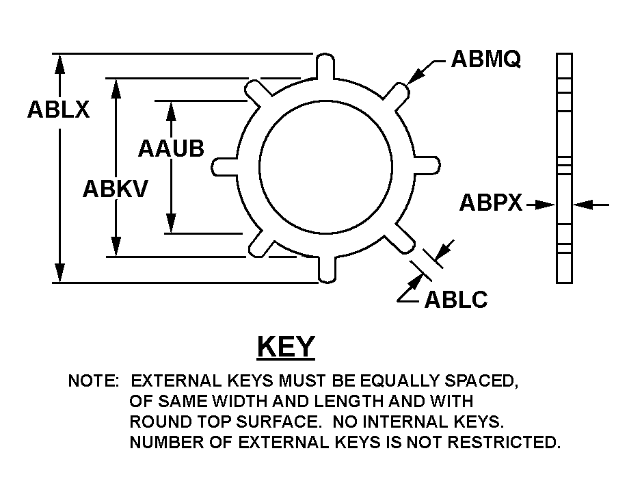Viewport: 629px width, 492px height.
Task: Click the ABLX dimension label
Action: tap(58, 110)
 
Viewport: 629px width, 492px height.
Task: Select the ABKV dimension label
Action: tap(115, 188)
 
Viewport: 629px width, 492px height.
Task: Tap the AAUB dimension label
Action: tap(171, 148)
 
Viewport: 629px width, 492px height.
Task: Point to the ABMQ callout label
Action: tap(486, 60)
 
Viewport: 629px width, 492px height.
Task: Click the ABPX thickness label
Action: tap(491, 203)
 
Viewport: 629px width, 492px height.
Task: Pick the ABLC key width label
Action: tap(456, 299)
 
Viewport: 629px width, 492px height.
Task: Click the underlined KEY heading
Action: tap(286, 347)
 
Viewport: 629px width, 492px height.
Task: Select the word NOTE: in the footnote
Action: tap(94, 381)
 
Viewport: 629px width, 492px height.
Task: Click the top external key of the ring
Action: tap(326, 66)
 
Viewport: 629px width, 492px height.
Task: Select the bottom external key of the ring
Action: tap(327, 268)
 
